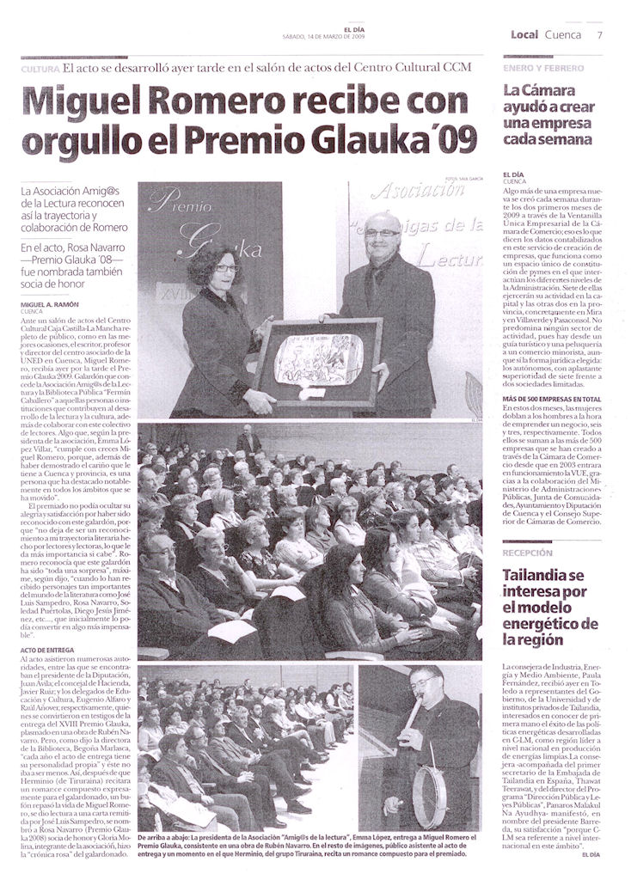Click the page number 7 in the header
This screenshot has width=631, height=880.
point(599,34)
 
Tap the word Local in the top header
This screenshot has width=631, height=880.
point(524,34)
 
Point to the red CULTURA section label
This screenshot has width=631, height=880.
point(40,69)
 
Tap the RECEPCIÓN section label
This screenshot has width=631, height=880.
point(528,553)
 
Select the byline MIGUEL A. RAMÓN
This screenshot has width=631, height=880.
point(50,305)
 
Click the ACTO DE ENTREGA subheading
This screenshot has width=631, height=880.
point(45,650)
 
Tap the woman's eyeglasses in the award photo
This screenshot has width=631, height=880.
point(225,268)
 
